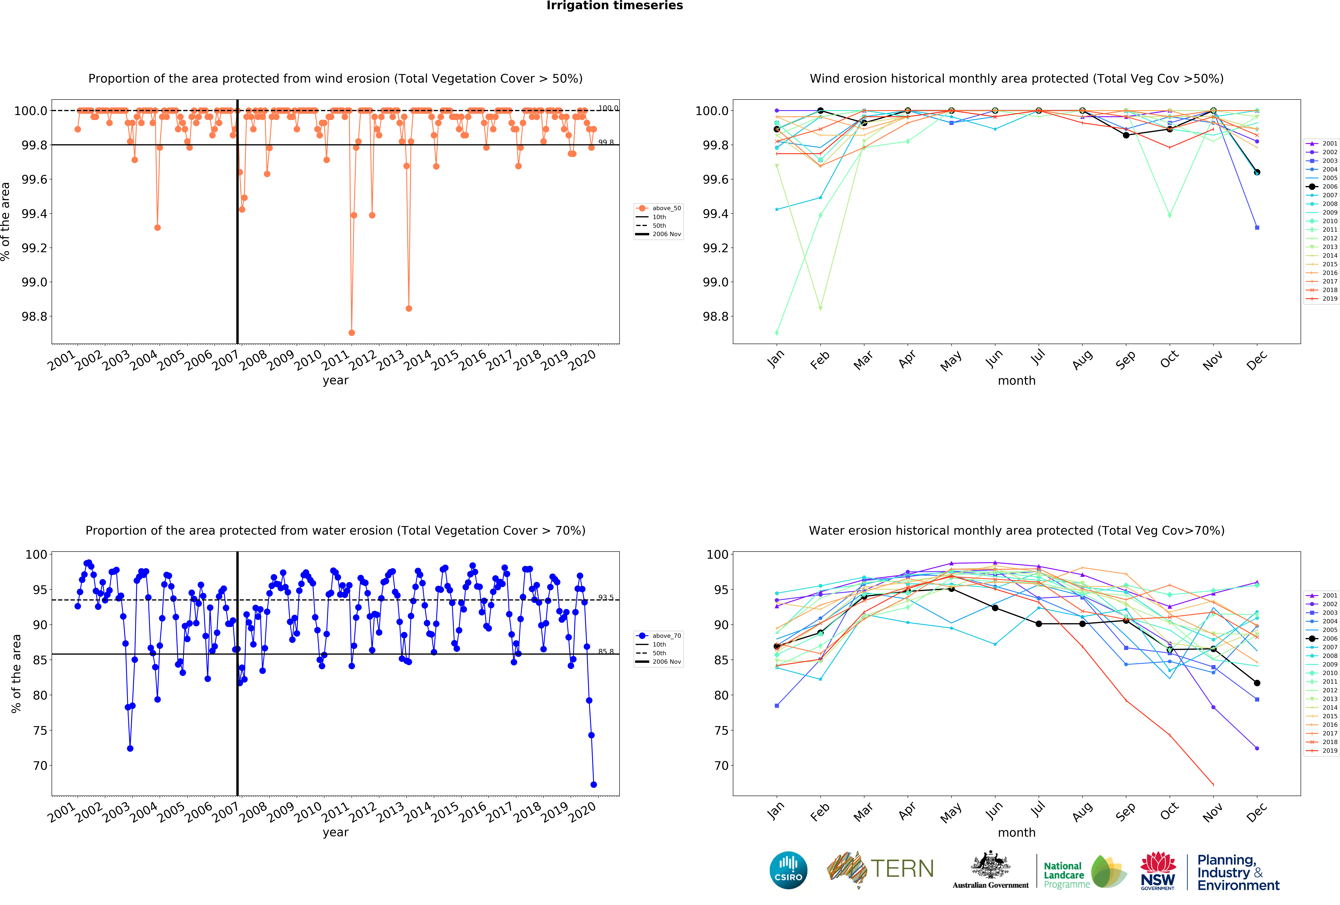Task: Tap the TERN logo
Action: pyautogui.click(x=880, y=869)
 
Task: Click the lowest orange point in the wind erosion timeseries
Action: pyautogui.click(x=352, y=333)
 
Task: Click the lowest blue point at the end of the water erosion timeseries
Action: pyautogui.click(x=593, y=785)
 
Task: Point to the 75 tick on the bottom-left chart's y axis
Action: pyautogui.click(x=40, y=730)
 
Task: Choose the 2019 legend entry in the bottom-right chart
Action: pyautogui.click(x=1323, y=751)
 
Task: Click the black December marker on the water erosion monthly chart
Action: pyautogui.click(x=1257, y=683)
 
